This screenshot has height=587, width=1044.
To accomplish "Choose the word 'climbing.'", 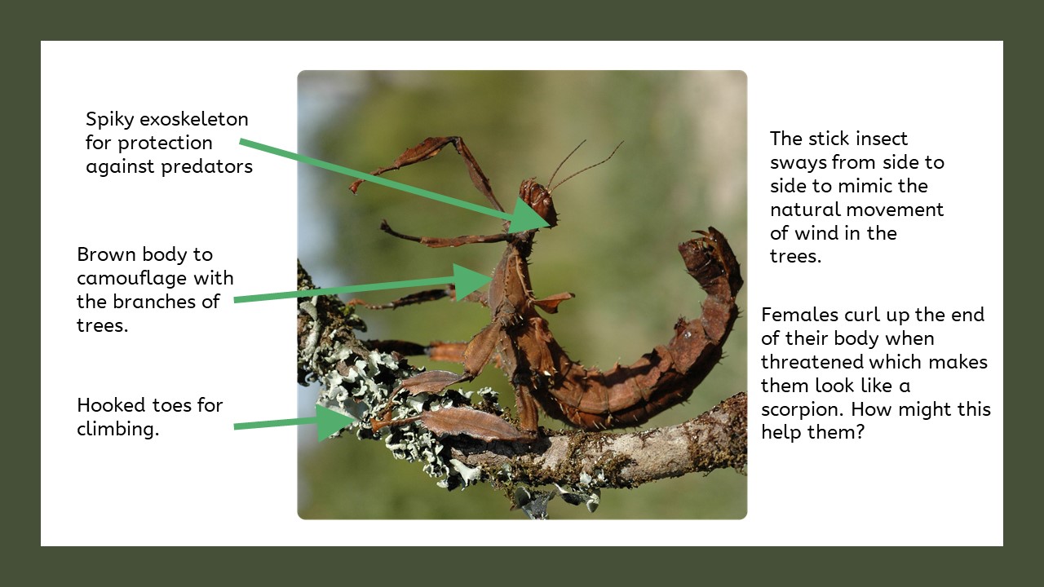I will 117,429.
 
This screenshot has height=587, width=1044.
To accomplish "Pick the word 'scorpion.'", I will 801,409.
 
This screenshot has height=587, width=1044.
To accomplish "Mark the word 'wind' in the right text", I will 816,233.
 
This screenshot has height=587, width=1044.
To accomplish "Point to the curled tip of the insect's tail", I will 703,241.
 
